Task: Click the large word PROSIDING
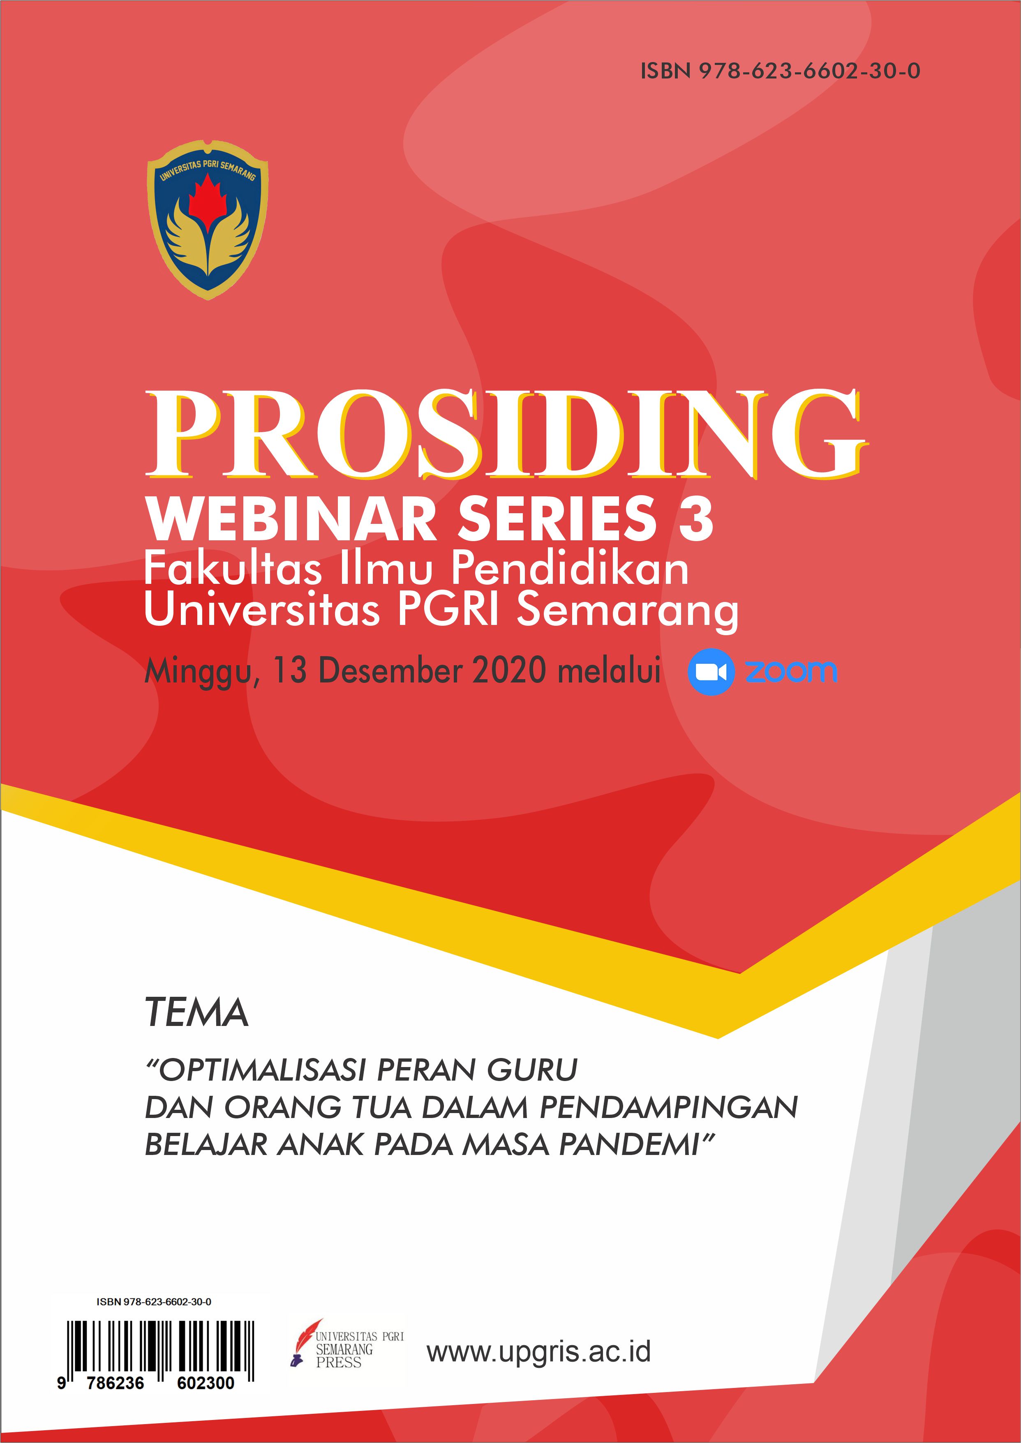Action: (x=506, y=433)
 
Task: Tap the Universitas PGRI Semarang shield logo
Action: (x=208, y=219)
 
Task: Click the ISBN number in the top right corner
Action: (x=780, y=71)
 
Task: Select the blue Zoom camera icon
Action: (x=710, y=672)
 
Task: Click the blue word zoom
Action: (x=791, y=671)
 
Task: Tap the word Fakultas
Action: (x=233, y=568)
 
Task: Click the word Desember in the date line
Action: (x=392, y=671)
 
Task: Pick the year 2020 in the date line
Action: (x=509, y=671)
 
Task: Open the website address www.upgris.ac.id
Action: (x=539, y=1351)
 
